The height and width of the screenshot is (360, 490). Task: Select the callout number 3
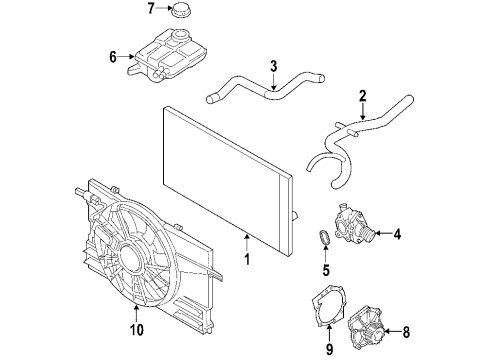(272, 67)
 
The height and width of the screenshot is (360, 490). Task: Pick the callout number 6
(111, 56)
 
